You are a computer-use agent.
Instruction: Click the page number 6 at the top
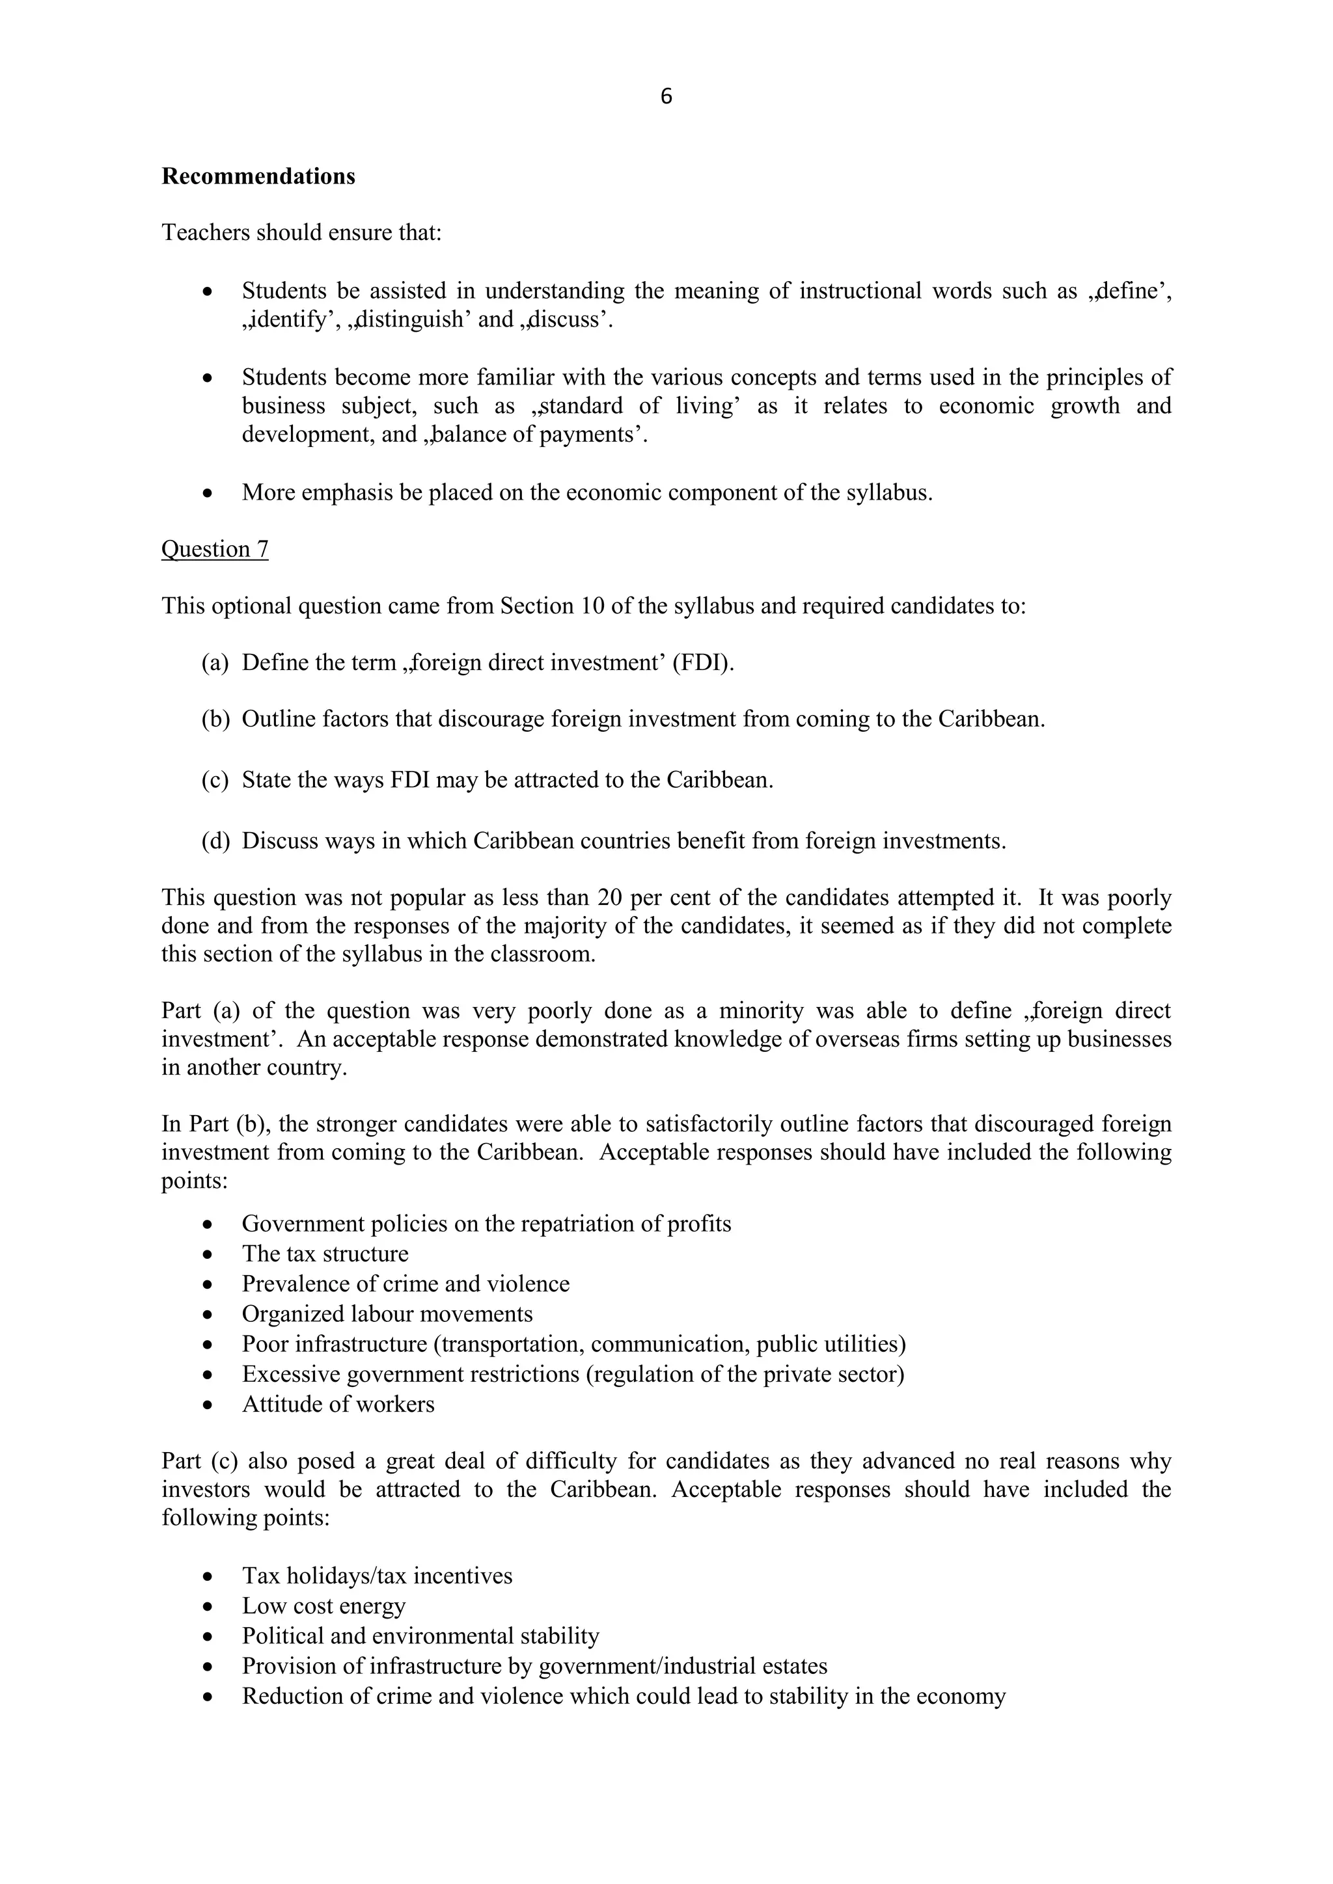tap(666, 97)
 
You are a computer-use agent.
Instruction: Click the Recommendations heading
tap(258, 176)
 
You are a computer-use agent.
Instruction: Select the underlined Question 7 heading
tap(214, 549)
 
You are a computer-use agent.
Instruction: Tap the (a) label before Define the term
tap(214, 662)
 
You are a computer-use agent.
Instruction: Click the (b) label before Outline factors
tap(214, 719)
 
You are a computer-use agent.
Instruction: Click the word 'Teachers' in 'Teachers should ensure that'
tap(205, 233)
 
